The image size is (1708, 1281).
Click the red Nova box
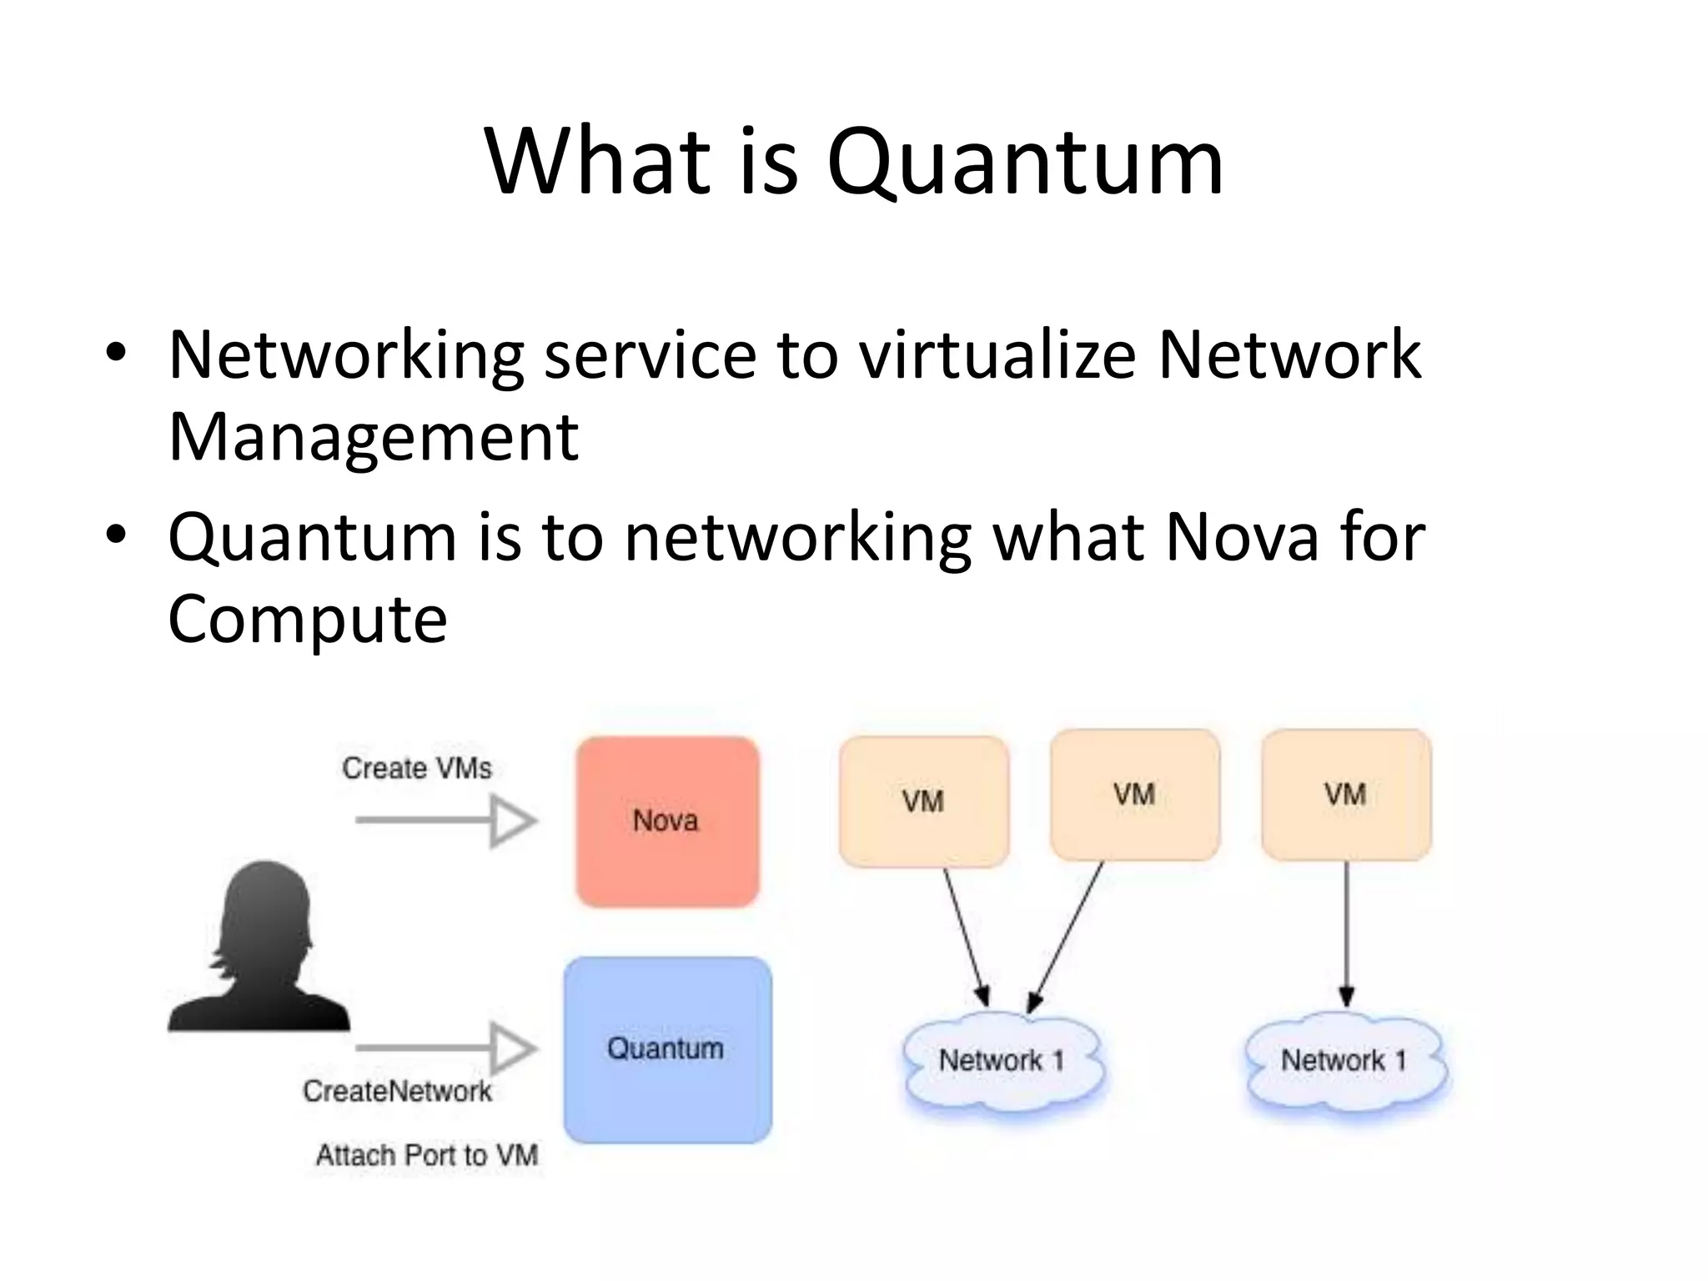pyautogui.click(x=667, y=821)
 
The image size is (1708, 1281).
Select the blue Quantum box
pyautogui.click(x=667, y=1049)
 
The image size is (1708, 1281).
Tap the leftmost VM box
pyautogui.click(x=924, y=801)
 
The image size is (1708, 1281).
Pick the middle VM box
pyautogui.click(x=1135, y=794)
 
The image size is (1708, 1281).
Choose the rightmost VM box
pyautogui.click(x=1346, y=794)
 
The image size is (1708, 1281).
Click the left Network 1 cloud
pyautogui.click(x=1002, y=1061)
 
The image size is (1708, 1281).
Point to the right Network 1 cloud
pyautogui.click(x=1344, y=1061)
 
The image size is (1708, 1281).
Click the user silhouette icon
pyautogui.click(x=260, y=951)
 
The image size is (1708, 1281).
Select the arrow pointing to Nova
pyautogui.click(x=446, y=821)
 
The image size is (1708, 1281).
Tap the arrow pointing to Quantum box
pyautogui.click(x=446, y=1048)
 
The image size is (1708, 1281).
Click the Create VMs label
pyautogui.click(x=417, y=768)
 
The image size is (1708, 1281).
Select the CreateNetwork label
pyautogui.click(x=397, y=1091)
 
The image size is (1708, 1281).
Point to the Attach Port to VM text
pyautogui.click(x=426, y=1155)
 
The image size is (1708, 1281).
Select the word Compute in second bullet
pyautogui.click(x=308, y=619)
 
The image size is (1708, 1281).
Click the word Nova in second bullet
pyautogui.click(x=1241, y=537)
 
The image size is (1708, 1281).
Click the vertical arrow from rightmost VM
pyautogui.click(x=1346, y=934)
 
